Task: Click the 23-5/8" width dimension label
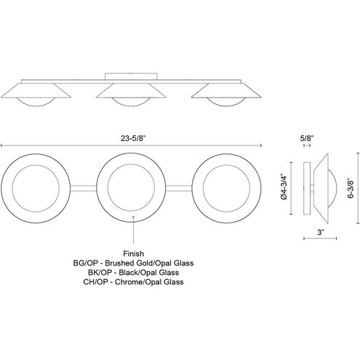pyautogui.click(x=133, y=138)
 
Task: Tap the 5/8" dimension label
pyautogui.click(x=307, y=138)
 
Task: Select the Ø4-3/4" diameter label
pyautogui.click(x=284, y=187)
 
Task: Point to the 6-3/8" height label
pyautogui.click(x=351, y=188)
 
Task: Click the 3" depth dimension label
pyautogui.click(x=321, y=232)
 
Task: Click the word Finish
pyautogui.click(x=134, y=254)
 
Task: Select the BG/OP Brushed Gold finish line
pyautogui.click(x=133, y=263)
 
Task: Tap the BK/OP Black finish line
pyautogui.click(x=133, y=273)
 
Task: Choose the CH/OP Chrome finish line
pyautogui.click(x=133, y=282)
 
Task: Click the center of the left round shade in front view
pyautogui.click(x=36, y=188)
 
